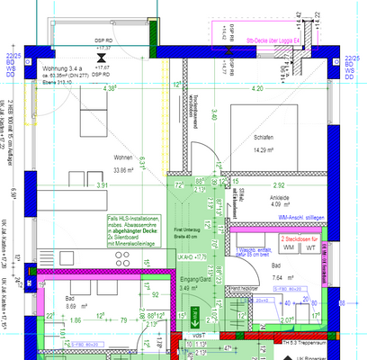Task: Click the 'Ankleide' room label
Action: (x=259, y=202)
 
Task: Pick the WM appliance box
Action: (x=288, y=247)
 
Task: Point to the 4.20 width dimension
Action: (x=257, y=89)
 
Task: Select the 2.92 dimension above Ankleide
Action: (x=255, y=184)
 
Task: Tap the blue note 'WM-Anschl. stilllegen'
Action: (x=302, y=218)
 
